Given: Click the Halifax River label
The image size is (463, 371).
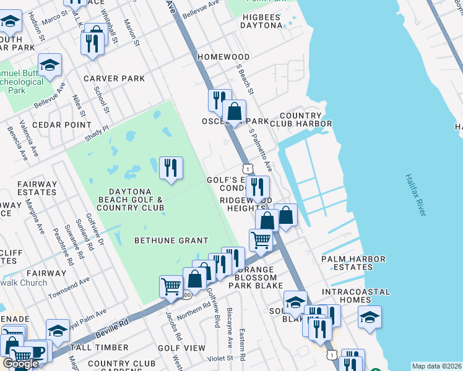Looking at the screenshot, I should point(415,194).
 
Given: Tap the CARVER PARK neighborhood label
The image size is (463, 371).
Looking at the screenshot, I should point(115,79).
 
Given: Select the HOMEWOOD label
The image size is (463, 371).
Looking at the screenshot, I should point(223,56).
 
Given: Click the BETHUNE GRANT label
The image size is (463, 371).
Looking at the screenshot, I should point(172,240).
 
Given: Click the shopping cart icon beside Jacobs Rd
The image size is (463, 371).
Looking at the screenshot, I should point(171,286).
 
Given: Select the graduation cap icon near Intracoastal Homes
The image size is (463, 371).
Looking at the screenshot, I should point(370,317).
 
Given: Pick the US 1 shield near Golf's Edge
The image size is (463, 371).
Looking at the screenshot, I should point(248,168).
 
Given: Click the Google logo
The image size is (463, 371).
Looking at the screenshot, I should point(21,364).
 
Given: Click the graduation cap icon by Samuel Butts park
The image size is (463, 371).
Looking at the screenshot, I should point(50,64).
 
